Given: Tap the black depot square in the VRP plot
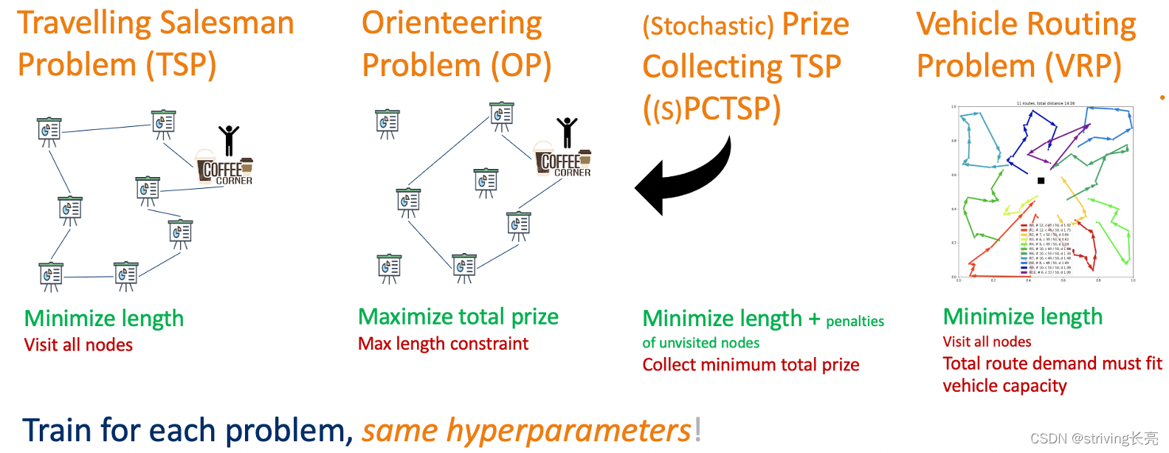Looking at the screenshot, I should [x=1041, y=180].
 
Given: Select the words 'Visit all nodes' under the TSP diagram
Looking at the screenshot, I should [x=78, y=345].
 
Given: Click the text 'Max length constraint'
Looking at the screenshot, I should [x=443, y=343].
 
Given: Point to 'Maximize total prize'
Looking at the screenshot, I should [x=458, y=317].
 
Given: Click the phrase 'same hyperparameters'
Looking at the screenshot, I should [x=526, y=430].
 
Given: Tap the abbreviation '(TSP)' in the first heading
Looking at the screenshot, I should [x=180, y=64].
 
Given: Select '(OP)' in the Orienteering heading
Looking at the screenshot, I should [x=521, y=65].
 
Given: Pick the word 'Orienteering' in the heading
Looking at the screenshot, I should [x=452, y=23].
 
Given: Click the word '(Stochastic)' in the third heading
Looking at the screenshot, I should [x=708, y=26].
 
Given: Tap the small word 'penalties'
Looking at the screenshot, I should [x=855, y=321].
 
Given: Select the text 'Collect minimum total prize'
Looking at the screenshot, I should [x=751, y=364].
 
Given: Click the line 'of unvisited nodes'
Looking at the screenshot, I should [x=700, y=342].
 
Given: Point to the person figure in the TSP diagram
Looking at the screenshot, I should [x=229, y=139].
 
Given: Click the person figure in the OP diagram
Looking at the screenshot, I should [x=567, y=132].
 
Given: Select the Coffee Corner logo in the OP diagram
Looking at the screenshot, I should [x=563, y=160].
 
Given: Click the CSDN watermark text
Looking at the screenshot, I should [x=1094, y=438].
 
